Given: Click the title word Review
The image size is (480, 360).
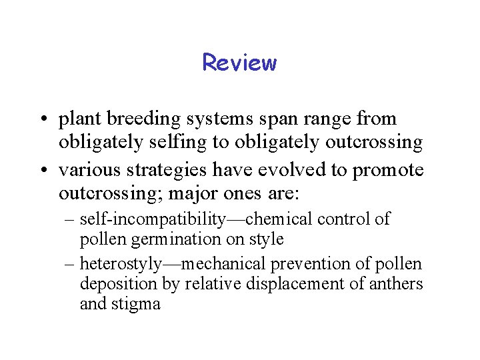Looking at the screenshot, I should click(x=239, y=63).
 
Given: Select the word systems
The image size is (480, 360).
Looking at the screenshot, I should click(x=225, y=119).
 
